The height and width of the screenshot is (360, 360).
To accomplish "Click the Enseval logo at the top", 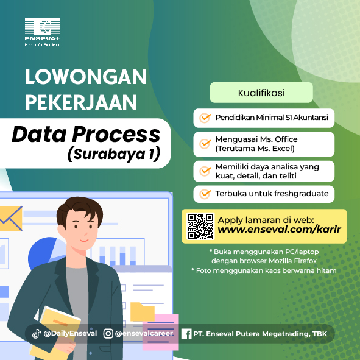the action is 43,32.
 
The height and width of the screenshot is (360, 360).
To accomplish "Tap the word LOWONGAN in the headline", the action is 86,77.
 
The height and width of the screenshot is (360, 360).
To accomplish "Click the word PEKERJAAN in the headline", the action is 81,102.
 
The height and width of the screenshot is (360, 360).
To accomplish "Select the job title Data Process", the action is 86,134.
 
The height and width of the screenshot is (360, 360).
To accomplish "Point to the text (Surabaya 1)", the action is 114,154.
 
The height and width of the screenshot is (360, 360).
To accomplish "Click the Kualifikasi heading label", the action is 261,93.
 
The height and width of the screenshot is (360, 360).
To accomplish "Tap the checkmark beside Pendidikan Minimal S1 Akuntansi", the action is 205,118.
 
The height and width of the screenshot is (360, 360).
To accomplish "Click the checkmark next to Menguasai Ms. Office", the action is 205,144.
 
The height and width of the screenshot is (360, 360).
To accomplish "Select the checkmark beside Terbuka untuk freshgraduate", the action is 205,194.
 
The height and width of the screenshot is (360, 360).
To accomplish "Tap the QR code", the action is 200,226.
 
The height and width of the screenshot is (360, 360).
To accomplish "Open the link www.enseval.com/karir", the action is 279,229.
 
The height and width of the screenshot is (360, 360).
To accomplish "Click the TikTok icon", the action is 37,334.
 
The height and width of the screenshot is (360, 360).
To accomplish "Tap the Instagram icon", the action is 108,334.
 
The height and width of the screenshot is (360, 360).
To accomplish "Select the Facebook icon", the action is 186,334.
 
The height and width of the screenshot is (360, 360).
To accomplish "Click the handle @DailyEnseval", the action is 70,333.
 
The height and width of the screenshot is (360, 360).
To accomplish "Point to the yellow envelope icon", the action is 11,218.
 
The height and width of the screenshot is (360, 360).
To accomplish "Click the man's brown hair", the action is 79,210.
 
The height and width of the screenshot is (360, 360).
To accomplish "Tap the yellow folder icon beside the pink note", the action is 142,312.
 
